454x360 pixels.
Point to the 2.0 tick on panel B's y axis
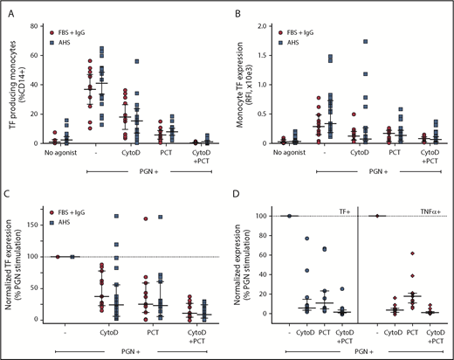coord(259,26)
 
